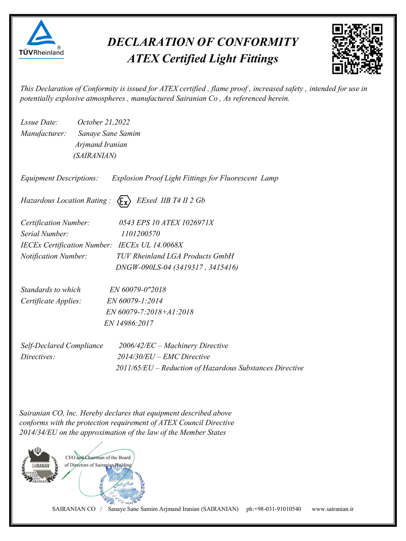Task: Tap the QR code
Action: (x=357, y=49)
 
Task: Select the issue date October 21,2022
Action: (x=103, y=122)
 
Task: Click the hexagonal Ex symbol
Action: (x=124, y=202)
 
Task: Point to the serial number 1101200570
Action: (x=140, y=234)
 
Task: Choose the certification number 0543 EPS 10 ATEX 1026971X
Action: (x=166, y=223)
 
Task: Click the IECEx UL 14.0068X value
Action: (x=151, y=245)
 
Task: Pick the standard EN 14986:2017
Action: (x=129, y=323)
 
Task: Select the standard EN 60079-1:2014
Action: (x=134, y=301)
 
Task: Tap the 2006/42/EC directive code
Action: (x=137, y=346)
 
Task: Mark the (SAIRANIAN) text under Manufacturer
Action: (x=95, y=156)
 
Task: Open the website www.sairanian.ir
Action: (x=333, y=509)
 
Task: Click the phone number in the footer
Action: (x=273, y=509)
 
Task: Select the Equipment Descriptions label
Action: (x=60, y=178)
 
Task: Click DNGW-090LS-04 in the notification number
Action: (x=143, y=268)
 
